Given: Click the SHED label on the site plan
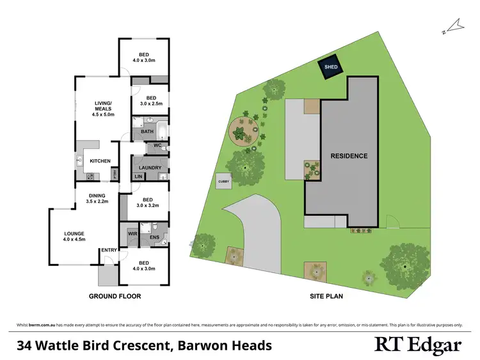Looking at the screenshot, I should (331, 67).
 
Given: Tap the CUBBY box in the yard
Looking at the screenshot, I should (223, 181).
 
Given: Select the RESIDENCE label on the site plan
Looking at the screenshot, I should (349, 155).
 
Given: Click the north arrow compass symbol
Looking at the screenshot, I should (454, 26).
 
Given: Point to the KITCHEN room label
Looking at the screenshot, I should (100, 161).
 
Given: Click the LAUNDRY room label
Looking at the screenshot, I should (150, 168).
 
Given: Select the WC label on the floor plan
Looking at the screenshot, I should (156, 146).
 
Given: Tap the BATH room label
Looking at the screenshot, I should (147, 132).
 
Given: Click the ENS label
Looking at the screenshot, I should (154, 238).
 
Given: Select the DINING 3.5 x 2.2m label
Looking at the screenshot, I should (99, 199).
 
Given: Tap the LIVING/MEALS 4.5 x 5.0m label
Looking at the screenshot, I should (103, 109).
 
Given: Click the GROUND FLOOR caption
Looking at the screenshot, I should (115, 297).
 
